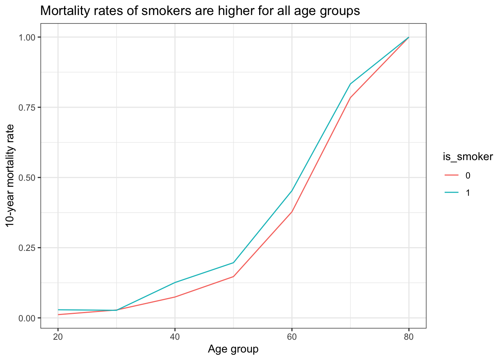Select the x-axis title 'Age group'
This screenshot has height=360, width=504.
tap(233, 349)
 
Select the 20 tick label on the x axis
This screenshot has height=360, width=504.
tap(58, 336)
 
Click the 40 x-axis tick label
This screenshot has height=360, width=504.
tap(175, 336)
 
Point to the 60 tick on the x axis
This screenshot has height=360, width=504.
tap(292, 336)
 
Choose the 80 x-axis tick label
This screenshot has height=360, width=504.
tap(409, 336)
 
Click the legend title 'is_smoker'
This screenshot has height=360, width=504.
tap(468, 157)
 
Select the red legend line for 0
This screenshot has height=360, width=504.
tap(451, 175)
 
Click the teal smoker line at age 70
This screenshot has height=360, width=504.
tap(350, 84)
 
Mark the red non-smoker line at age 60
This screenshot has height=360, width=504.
tap(292, 212)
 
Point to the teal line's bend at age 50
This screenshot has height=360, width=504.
tap(233, 262)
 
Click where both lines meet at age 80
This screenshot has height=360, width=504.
tap(408, 37)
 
